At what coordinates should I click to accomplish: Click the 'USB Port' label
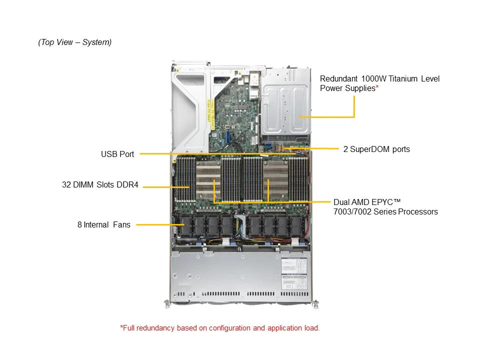point(117,154)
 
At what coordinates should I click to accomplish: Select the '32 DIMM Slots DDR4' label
point(100,184)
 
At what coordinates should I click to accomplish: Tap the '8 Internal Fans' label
point(104,224)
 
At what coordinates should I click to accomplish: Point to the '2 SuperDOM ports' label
point(376,148)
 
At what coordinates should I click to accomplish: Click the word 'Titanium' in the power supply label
point(401,78)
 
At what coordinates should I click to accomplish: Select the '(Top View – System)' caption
point(75,42)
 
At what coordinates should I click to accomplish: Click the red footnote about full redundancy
point(220,328)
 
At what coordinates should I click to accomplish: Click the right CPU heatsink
point(275,180)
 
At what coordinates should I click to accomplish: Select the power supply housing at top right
point(285,107)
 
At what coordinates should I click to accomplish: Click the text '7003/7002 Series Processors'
point(385,212)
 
